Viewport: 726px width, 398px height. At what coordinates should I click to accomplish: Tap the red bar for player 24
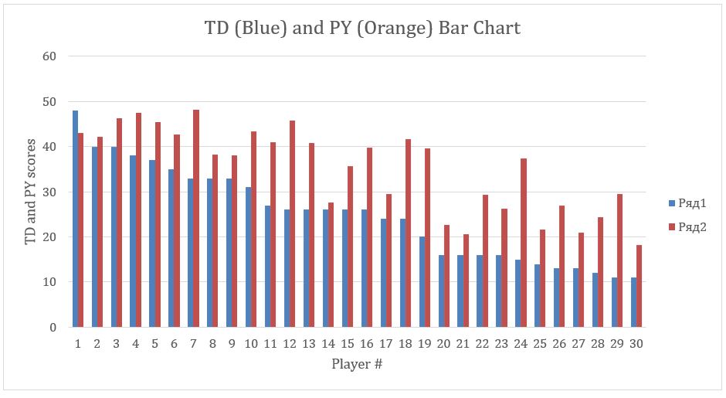pos(524,243)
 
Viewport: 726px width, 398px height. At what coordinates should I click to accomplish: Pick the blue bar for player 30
pos(634,302)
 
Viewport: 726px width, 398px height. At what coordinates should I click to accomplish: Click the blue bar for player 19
pos(422,281)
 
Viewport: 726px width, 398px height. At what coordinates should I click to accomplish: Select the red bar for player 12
pos(293,223)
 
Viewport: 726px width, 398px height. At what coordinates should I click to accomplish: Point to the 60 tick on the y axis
pos(49,56)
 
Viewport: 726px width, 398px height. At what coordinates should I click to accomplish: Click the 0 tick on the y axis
pos(53,327)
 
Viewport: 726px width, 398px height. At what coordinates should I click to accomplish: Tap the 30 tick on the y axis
pos(49,192)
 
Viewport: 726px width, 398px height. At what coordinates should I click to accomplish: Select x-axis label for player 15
pos(348,343)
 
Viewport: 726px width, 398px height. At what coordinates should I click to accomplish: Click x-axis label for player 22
pos(483,343)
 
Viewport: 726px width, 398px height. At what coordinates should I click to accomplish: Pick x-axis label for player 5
pos(154,343)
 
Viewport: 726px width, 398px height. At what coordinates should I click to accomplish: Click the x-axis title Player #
pos(357,363)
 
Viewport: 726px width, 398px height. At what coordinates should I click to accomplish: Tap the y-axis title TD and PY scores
pos(31,192)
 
